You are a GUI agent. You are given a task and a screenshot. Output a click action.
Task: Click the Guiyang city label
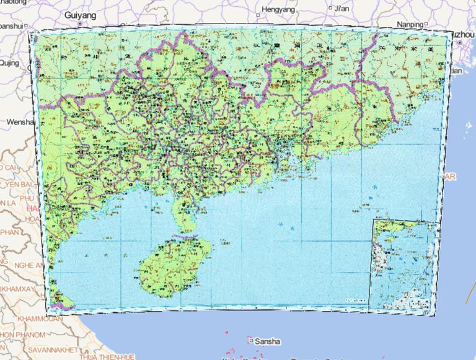tap(82, 13)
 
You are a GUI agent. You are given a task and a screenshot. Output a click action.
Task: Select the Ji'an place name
tap(342, 9)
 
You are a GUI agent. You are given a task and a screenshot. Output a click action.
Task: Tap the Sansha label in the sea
tap(268, 341)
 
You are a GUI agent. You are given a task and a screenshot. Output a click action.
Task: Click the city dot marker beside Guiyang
tap(81, 23)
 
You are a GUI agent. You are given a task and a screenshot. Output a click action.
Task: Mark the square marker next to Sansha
tap(250, 340)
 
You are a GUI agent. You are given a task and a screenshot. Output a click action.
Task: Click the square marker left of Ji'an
tap(329, 9)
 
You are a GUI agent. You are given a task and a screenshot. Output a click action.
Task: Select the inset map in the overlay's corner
tap(403, 263)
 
